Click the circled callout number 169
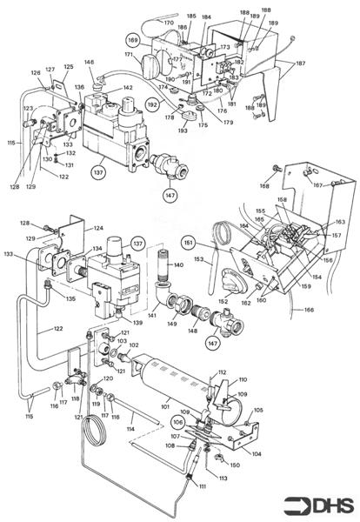click(x=133, y=41)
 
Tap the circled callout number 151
click(x=189, y=241)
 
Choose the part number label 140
click(x=179, y=265)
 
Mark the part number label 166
click(x=309, y=310)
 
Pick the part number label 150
click(x=234, y=465)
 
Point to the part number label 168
click(x=264, y=184)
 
